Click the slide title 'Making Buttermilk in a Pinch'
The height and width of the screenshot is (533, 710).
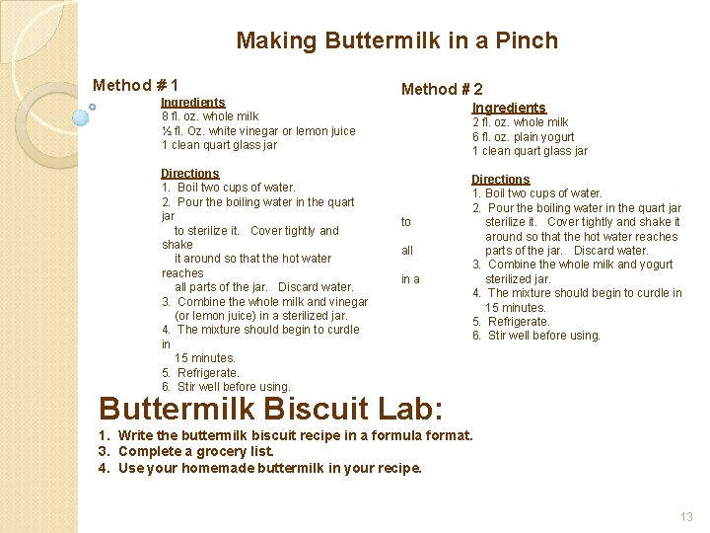point(396,40)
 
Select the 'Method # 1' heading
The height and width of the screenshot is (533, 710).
point(135,86)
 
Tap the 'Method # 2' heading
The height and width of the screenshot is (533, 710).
point(442,89)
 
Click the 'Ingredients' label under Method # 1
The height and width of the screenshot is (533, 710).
point(192,102)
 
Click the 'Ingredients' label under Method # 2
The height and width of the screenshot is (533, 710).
point(508,108)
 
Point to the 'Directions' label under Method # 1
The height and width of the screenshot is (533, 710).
point(189,173)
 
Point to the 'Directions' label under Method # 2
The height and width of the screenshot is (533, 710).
point(500,179)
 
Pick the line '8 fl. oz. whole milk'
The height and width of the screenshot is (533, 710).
point(209,116)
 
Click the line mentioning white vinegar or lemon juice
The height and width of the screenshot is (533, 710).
point(257,131)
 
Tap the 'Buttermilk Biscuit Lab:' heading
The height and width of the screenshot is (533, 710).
point(271,408)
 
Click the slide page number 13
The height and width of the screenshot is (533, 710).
point(686,516)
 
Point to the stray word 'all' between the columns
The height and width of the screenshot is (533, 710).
point(407,251)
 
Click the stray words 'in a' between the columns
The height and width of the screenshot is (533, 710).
point(410,279)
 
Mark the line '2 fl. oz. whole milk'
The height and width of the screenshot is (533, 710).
point(520,122)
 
